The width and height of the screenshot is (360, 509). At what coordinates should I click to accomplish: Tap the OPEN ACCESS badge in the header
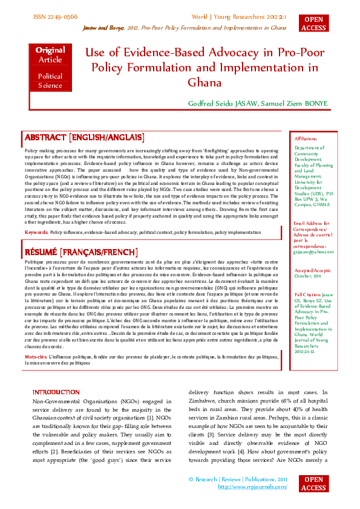pos(313,24)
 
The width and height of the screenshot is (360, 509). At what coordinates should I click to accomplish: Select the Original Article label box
pos(50,55)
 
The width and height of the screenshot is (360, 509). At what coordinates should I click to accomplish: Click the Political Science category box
pos(50,81)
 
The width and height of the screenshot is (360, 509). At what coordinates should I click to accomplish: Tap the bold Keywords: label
pos(36,232)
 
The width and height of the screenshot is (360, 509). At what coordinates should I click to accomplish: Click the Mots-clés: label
pos(37,357)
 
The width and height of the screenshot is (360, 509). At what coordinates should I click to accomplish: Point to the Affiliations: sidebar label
pos(305,138)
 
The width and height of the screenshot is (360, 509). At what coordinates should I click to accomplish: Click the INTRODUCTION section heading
pos(56,392)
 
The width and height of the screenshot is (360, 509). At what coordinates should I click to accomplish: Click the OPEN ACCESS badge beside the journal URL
pos(313,484)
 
